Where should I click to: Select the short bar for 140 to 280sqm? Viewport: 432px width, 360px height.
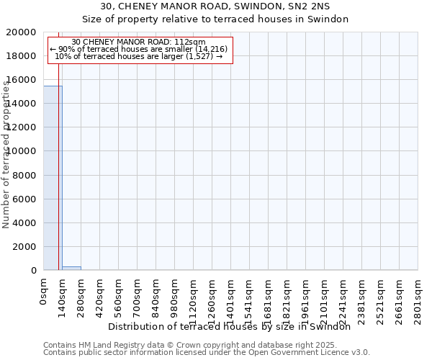point(71,268)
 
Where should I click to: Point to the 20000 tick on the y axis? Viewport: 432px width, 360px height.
point(22,32)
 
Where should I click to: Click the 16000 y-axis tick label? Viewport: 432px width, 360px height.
point(22,80)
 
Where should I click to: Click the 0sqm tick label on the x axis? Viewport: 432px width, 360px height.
point(43,292)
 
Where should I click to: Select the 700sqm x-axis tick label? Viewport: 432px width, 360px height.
point(137,295)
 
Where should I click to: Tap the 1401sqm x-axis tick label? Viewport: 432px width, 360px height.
point(230,297)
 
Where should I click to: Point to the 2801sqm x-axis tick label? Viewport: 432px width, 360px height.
point(418,297)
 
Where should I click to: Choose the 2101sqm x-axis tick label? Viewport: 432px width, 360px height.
point(324,297)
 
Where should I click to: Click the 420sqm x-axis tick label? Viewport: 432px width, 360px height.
point(99,295)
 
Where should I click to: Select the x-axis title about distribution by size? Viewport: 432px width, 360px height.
point(234,327)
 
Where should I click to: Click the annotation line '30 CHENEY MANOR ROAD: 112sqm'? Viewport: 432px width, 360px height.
point(139,42)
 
